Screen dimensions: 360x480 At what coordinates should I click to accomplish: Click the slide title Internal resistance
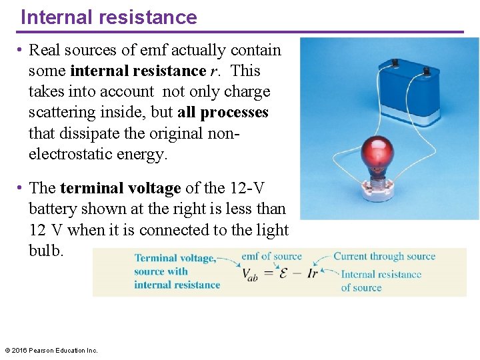[x=109, y=17]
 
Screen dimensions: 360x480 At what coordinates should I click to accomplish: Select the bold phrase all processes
[x=223, y=112]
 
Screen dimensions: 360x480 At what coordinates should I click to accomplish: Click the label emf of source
[x=271, y=256]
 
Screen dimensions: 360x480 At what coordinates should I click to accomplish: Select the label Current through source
[x=384, y=256]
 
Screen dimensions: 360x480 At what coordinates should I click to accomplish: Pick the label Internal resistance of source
[x=381, y=281]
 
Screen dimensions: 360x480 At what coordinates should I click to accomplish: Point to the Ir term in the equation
[x=312, y=273]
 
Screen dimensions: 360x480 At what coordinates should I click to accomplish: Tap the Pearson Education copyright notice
[x=51, y=350]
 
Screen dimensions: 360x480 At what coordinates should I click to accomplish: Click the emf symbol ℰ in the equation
[x=283, y=273]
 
